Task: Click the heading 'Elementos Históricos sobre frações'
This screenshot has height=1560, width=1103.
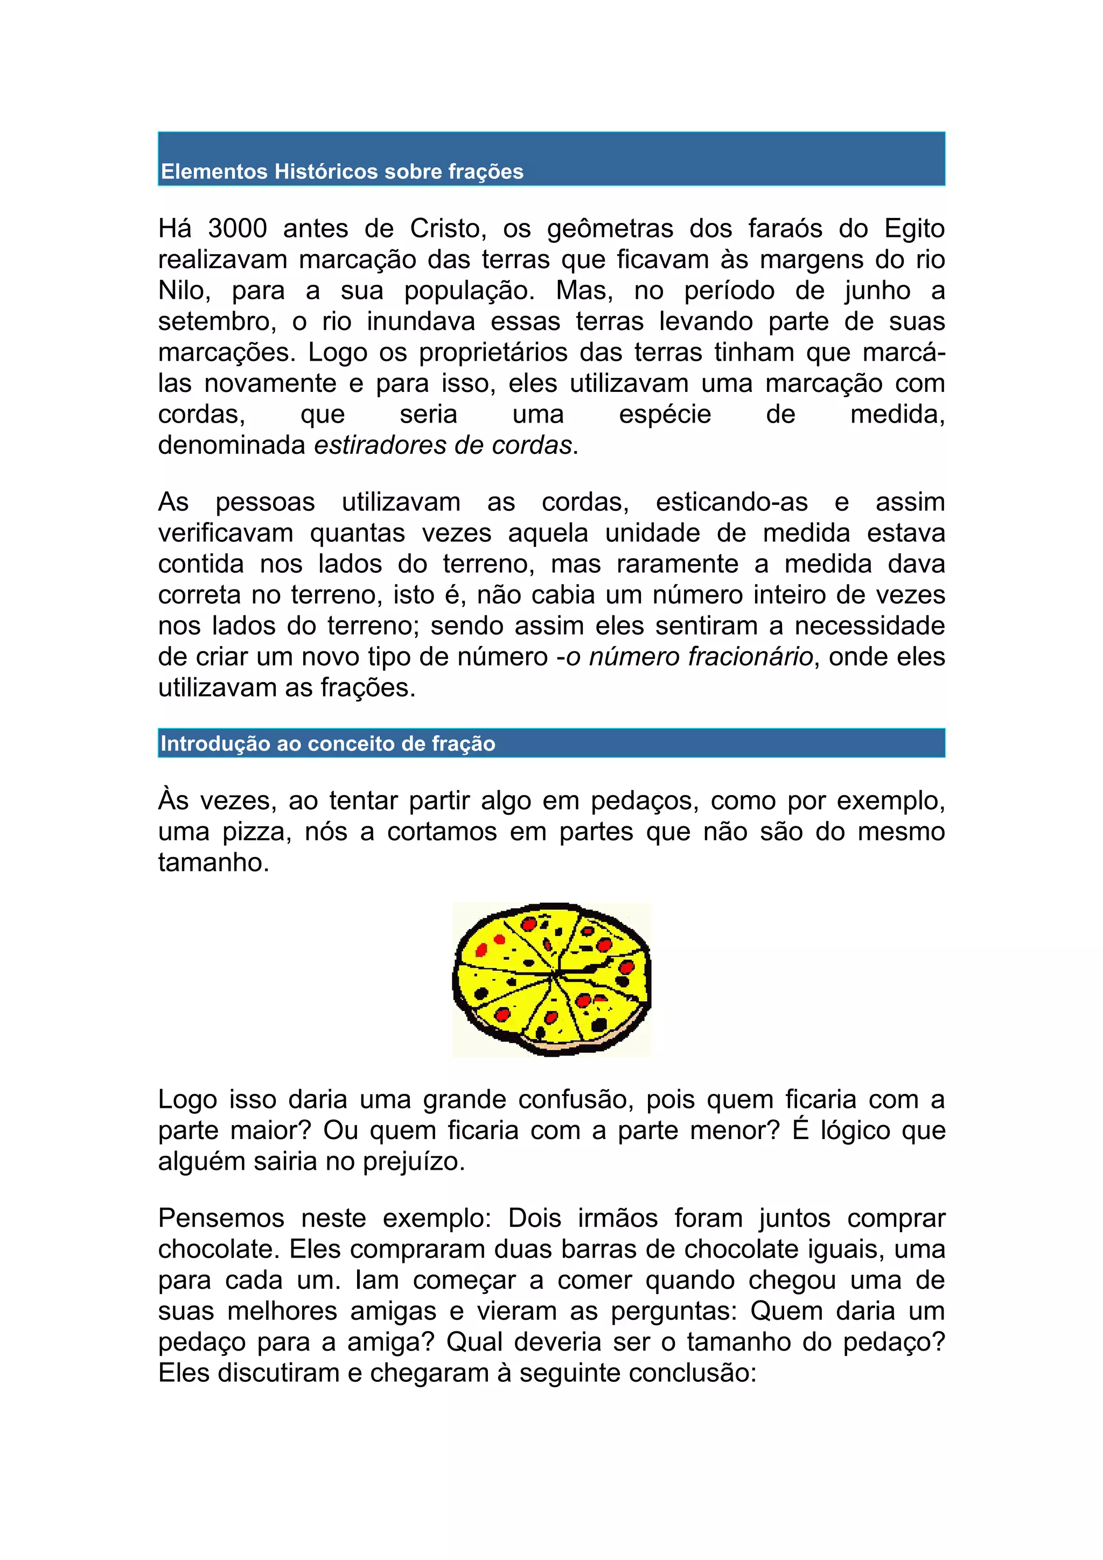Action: [x=342, y=171]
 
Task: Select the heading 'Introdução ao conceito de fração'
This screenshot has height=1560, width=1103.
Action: [x=327, y=743]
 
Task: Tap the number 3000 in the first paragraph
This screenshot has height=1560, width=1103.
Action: [x=237, y=228]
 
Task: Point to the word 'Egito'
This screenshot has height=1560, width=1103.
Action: [x=914, y=228]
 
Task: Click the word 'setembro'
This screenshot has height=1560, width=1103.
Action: [x=216, y=321]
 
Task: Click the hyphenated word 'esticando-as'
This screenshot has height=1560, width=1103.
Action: [x=731, y=502]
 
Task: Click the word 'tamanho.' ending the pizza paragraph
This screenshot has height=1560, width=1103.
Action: [x=213, y=862]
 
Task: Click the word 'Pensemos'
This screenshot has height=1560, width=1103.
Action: [x=221, y=1218]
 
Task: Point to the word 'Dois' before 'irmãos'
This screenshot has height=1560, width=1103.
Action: [x=534, y=1218]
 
